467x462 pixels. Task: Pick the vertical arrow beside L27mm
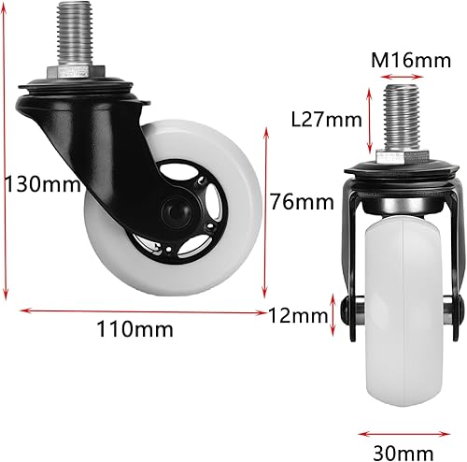[371, 119]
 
